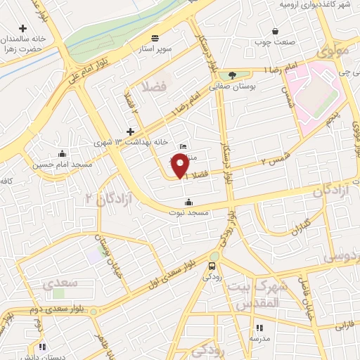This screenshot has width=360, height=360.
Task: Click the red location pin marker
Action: click(x=180, y=165)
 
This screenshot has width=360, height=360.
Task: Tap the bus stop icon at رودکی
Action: click(x=212, y=265)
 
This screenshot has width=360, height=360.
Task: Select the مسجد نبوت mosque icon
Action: click(x=187, y=202)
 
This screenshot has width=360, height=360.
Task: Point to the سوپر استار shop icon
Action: click(x=155, y=39)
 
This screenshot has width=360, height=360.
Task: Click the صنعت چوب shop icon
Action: click(x=275, y=32)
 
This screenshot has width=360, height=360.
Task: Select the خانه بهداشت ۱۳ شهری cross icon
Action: click(x=130, y=131)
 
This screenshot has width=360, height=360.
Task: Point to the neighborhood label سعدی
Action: click(x=58, y=284)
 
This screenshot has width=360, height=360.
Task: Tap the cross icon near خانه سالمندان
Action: click(x=23, y=29)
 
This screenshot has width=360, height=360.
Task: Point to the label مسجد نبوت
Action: click(x=188, y=212)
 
